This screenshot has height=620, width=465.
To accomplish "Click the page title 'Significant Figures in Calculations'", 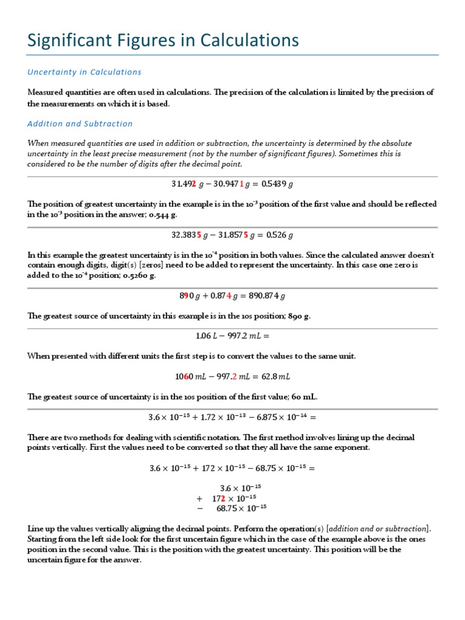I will [x=163, y=41].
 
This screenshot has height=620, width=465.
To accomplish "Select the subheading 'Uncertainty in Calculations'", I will [x=84, y=72].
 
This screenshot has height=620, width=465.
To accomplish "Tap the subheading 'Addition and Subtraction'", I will [x=80, y=124].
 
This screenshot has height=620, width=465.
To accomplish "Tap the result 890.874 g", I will [x=265, y=295].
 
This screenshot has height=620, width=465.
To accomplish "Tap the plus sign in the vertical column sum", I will [x=199, y=498].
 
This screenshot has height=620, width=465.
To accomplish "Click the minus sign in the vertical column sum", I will [x=199, y=508].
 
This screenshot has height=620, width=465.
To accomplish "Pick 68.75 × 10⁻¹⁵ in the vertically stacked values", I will [x=242, y=508].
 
